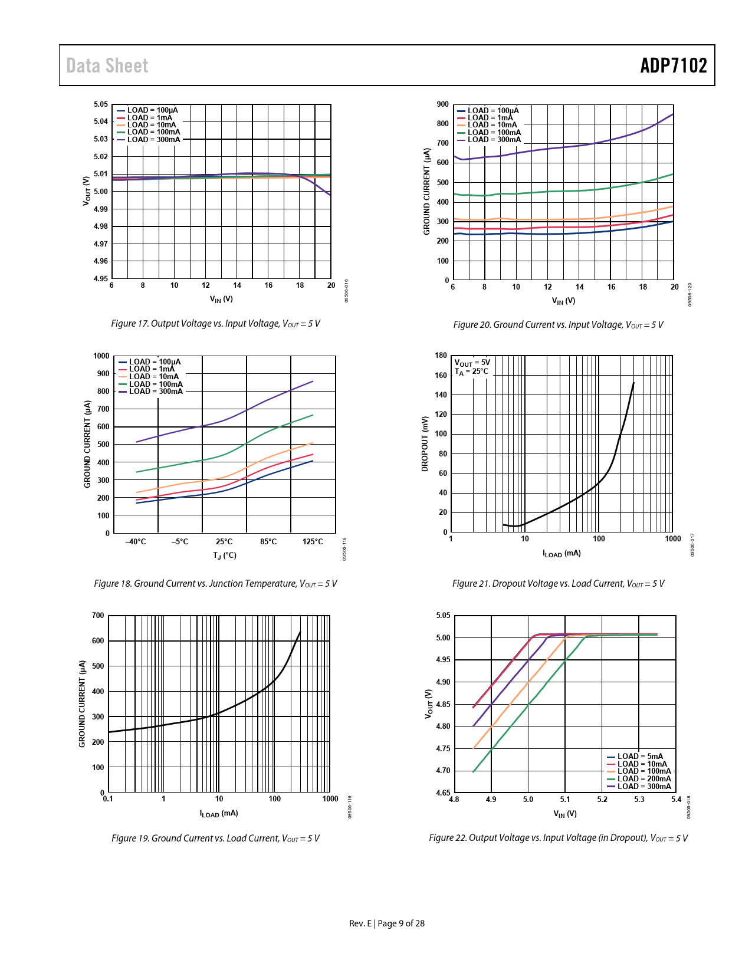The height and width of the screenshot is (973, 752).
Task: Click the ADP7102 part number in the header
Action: click(x=673, y=65)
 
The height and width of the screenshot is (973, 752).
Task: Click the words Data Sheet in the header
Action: click(x=107, y=65)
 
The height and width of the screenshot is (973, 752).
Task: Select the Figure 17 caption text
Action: click(x=215, y=324)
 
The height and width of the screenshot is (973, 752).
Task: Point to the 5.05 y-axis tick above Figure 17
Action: click(x=101, y=104)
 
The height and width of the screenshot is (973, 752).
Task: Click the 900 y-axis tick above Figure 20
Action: click(x=442, y=104)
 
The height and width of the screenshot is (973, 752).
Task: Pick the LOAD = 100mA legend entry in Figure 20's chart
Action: click(x=494, y=133)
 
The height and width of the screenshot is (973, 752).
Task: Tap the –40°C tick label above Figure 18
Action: click(x=136, y=542)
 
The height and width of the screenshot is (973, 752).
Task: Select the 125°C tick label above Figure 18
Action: click(x=313, y=542)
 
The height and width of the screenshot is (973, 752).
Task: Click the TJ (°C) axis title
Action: click(x=225, y=555)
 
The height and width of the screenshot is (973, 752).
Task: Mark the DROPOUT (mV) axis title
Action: click(x=425, y=443)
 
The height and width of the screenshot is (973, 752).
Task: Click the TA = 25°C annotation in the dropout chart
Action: click(x=471, y=372)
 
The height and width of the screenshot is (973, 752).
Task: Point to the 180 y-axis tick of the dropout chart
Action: click(x=441, y=356)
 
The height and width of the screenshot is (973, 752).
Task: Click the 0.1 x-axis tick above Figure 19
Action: click(x=108, y=799)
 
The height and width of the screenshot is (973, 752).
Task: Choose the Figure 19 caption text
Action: click(x=215, y=839)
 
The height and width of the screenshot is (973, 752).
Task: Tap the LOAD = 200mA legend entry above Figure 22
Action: click(x=643, y=779)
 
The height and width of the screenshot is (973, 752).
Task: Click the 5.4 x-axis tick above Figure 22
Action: click(x=676, y=800)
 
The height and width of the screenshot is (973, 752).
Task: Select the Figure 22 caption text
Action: click(x=558, y=839)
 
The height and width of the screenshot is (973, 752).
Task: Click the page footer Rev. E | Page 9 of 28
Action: click(x=387, y=923)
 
